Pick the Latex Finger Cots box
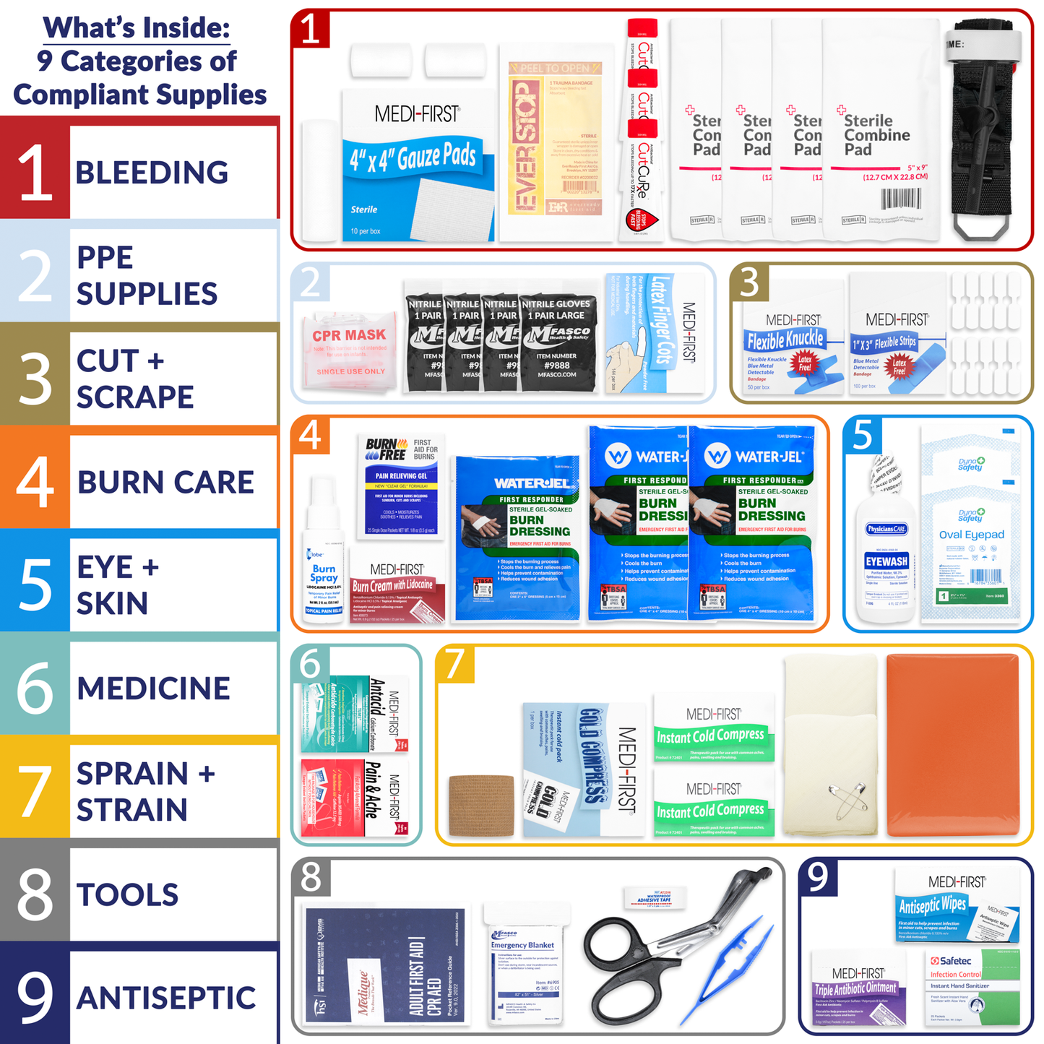[654, 332]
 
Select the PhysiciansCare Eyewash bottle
[886, 549]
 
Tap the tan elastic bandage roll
[481, 806]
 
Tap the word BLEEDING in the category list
[152, 173]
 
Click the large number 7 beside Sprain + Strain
[35, 792]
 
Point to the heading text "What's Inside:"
[137, 27]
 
